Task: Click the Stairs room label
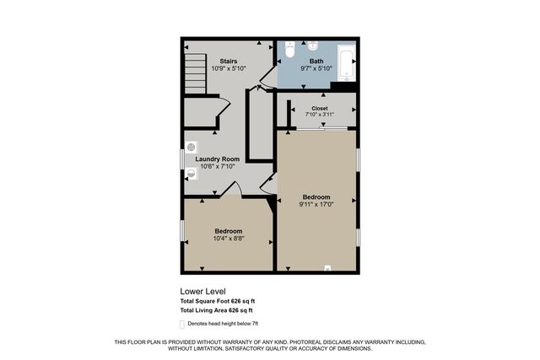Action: [228, 61]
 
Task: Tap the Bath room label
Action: [316, 61]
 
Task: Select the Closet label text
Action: [320, 108]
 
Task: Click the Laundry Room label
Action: [218, 159]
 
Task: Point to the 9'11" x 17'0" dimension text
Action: [316, 204]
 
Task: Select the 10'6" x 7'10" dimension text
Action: [218, 167]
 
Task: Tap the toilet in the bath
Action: [289, 51]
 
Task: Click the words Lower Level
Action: [203, 292]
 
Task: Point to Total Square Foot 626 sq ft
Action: [217, 302]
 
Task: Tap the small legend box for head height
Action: [182, 325]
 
